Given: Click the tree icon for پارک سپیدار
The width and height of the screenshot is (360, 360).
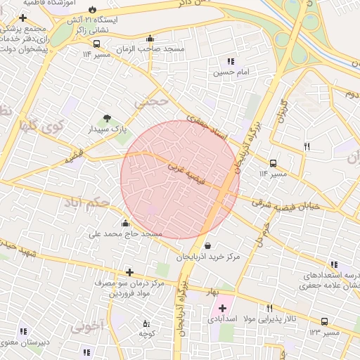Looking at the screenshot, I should (107, 118).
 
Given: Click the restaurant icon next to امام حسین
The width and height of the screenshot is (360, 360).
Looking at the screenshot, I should (231, 61).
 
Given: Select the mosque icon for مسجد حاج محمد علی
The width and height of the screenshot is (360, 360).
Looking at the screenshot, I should (126, 223).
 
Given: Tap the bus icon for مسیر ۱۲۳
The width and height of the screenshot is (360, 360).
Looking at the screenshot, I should (323, 321).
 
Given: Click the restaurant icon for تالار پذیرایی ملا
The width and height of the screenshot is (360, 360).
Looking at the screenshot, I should (269, 308).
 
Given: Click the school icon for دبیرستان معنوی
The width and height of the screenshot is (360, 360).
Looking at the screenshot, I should (23, 331).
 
